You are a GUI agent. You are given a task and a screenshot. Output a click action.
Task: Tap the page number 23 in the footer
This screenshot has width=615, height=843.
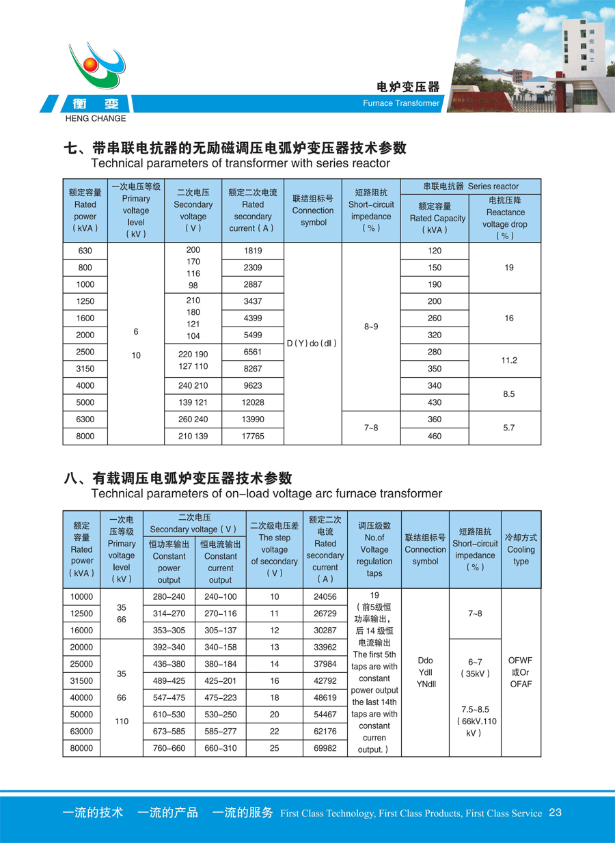(555, 812)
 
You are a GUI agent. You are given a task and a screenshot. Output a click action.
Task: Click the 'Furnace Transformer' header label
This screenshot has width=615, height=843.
(401, 103)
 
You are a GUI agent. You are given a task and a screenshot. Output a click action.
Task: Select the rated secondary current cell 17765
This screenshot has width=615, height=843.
(253, 436)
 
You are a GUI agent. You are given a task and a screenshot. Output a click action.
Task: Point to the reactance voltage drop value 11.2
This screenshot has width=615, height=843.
(509, 360)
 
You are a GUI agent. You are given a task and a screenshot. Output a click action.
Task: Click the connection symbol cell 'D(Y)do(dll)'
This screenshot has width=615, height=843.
(313, 344)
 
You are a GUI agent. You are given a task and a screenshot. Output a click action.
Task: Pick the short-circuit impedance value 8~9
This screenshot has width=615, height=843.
(370, 327)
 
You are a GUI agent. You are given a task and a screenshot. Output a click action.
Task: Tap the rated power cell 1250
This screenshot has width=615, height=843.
(85, 301)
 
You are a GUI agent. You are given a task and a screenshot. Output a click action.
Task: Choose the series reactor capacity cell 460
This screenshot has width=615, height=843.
(435, 436)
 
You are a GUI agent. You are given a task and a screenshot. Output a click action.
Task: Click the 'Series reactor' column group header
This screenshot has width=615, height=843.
(471, 186)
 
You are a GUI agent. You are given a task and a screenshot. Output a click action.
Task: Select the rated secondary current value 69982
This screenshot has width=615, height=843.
(325, 748)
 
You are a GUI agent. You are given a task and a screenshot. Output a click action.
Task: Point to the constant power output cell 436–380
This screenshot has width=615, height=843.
(169, 663)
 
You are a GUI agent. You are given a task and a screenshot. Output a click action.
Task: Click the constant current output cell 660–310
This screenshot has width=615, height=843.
(220, 748)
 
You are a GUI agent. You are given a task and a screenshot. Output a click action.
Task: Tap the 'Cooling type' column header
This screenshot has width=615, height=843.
(521, 549)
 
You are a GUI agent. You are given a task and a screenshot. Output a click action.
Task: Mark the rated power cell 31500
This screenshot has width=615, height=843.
(81, 680)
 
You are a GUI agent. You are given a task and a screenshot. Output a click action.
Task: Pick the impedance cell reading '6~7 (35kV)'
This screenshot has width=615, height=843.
(475, 667)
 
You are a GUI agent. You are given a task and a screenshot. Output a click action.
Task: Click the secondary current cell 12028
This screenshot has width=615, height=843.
(253, 402)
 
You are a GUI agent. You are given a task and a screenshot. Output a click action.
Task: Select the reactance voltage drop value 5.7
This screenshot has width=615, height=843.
(509, 428)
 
